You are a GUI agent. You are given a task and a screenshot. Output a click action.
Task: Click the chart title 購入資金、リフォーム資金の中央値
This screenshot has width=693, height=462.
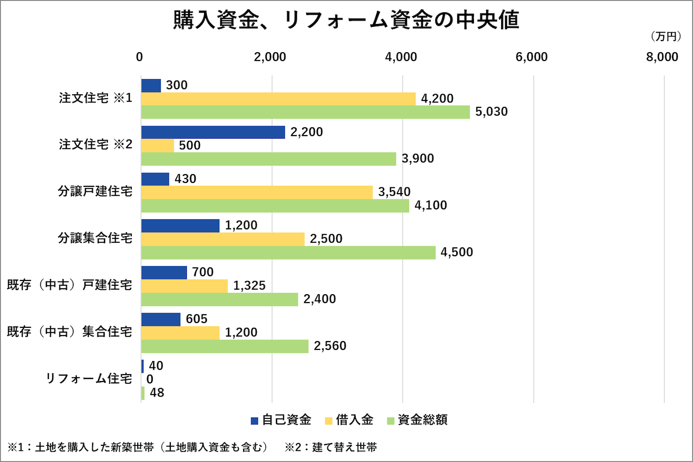click(346, 20)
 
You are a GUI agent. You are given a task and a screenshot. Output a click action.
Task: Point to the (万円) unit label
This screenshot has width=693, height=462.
click(665, 37)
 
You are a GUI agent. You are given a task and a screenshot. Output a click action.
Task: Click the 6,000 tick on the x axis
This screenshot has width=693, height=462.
click(531, 57)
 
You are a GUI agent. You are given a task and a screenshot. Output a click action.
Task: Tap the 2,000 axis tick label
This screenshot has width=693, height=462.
click(270, 57)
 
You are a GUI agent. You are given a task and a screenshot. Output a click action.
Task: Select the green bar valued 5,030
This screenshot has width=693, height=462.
click(306, 112)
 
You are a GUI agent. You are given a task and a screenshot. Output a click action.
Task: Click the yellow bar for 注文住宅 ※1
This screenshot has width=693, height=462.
click(278, 99)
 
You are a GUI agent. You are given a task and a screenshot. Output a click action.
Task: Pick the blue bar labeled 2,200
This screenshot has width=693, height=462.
click(213, 132)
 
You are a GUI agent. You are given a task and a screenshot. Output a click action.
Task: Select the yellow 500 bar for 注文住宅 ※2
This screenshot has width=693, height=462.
click(158, 145)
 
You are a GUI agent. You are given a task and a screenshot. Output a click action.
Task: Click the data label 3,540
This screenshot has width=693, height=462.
click(394, 192)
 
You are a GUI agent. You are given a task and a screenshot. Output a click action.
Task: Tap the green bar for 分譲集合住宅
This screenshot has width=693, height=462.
click(288, 252)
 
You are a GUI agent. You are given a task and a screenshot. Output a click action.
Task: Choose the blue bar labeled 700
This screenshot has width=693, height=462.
click(164, 272)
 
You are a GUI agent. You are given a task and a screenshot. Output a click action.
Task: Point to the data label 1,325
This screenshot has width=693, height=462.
click(249, 285)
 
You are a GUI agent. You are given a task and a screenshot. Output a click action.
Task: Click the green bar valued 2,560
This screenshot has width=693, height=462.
click(224, 346)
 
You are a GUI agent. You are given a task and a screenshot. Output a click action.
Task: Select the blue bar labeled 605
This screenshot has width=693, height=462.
click(161, 319)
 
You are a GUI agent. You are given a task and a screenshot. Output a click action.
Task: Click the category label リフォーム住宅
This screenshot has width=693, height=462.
click(89, 379)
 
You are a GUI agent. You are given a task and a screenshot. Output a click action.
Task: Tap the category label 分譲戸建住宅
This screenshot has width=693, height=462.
click(95, 191)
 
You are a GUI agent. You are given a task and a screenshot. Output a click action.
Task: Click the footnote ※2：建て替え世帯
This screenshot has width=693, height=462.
click(331, 447)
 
